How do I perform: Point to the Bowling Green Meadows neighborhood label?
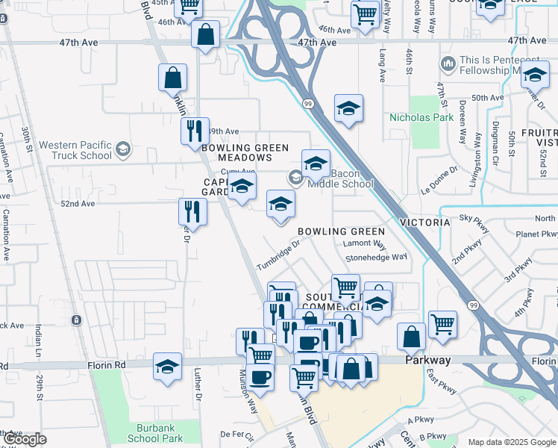(x=245, y=153)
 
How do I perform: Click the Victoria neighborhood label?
(x=424, y=223)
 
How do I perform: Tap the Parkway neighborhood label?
(x=428, y=360)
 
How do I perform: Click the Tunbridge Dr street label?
(x=278, y=255)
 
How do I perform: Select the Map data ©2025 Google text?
(x=512, y=442)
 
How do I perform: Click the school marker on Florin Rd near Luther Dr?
(x=167, y=366)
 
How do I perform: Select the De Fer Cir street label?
(x=238, y=434)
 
